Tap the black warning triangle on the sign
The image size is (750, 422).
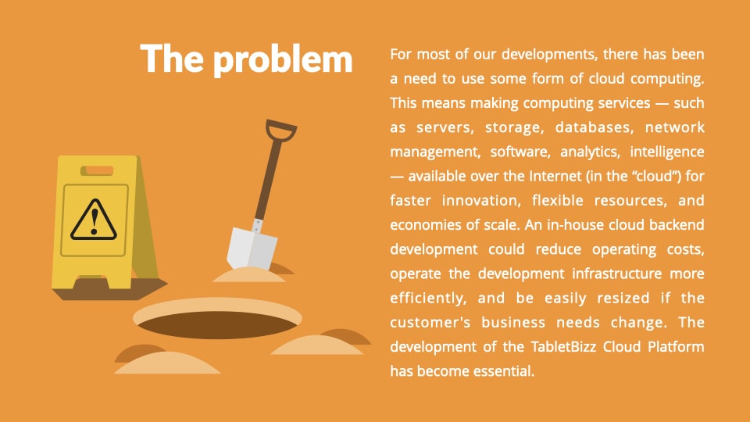94,220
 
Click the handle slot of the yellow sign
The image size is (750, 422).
97,171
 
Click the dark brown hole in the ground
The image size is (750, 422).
218,325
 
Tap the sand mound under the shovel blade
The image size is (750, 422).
249,274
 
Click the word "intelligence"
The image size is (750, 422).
666,152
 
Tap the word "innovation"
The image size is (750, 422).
481,201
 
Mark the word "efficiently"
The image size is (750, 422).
428,299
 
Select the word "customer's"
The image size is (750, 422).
430,323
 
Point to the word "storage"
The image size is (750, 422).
515,128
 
